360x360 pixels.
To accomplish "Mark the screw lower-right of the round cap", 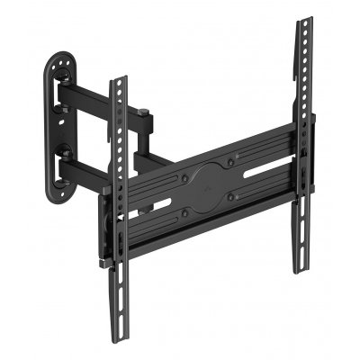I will pyautogui.click(x=232, y=197).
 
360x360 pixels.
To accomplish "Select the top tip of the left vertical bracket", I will pyautogui.click(x=118, y=82).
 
